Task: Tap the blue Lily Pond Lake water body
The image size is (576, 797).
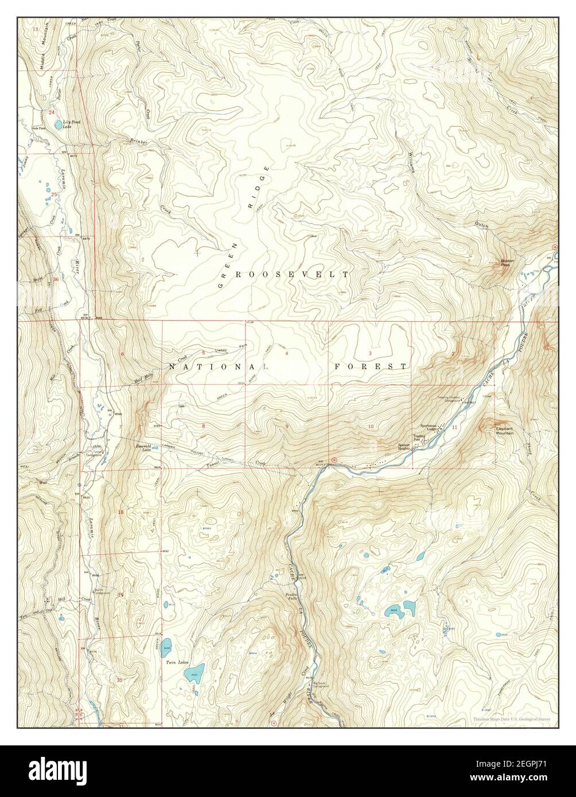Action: click(58, 124)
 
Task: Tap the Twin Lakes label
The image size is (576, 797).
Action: click(177, 662)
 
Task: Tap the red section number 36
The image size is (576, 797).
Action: click(56, 279)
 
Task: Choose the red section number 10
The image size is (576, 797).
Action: click(371, 426)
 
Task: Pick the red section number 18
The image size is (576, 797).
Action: click(120, 512)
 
